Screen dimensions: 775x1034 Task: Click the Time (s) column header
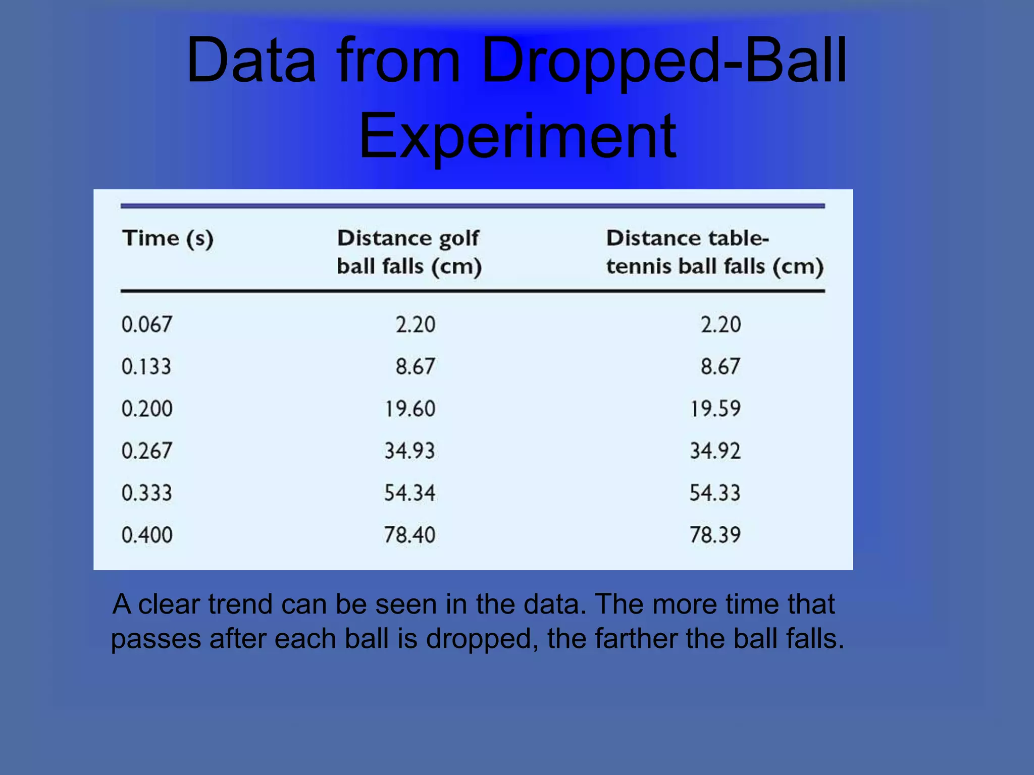coord(168,238)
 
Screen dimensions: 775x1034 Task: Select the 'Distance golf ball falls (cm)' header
coord(409,252)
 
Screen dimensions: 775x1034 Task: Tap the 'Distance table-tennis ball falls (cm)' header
coord(714,252)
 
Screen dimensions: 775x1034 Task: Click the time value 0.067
coord(147,324)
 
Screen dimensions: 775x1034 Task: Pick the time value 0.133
coord(146,366)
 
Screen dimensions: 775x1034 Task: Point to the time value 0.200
coord(147,409)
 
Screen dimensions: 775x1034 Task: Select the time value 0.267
coord(147,451)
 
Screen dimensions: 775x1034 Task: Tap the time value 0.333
coord(147,493)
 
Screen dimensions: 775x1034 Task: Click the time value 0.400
coord(147,535)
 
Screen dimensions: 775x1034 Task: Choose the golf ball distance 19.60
coord(410,409)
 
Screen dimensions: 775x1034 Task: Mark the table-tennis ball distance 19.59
coord(715,409)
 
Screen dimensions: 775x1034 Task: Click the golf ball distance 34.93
coord(409,451)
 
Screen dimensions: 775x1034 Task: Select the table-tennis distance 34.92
coord(715,451)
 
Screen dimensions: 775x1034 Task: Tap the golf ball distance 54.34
coord(409,493)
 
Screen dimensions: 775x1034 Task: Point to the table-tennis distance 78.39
coord(715,535)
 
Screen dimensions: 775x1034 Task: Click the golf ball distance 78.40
coord(409,535)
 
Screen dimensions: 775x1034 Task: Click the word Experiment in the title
coord(517,136)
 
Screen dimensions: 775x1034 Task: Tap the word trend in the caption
coord(240,604)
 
